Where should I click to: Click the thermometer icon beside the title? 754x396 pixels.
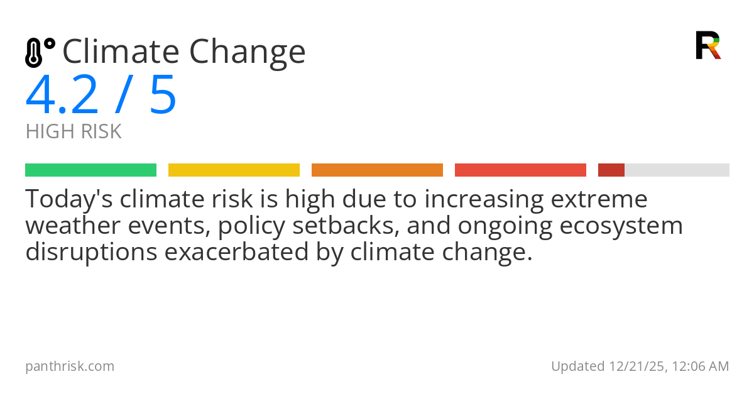click(x=39, y=52)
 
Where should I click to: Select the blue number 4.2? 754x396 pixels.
click(x=62, y=95)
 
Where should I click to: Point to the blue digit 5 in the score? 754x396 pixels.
click(x=163, y=95)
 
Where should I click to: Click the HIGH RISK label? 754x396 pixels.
click(x=74, y=132)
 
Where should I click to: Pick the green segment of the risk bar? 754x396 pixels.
click(x=90, y=170)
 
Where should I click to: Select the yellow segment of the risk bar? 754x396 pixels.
click(x=234, y=170)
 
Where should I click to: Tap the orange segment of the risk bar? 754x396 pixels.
click(x=377, y=170)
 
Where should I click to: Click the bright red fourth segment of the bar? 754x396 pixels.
click(x=520, y=170)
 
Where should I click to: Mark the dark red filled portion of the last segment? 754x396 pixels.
click(x=611, y=170)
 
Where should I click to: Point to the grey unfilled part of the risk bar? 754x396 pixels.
click(x=677, y=170)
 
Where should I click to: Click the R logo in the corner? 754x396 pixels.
click(x=708, y=45)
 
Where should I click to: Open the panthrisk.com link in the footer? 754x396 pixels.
click(x=70, y=366)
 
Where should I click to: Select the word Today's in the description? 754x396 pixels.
click(x=68, y=199)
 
